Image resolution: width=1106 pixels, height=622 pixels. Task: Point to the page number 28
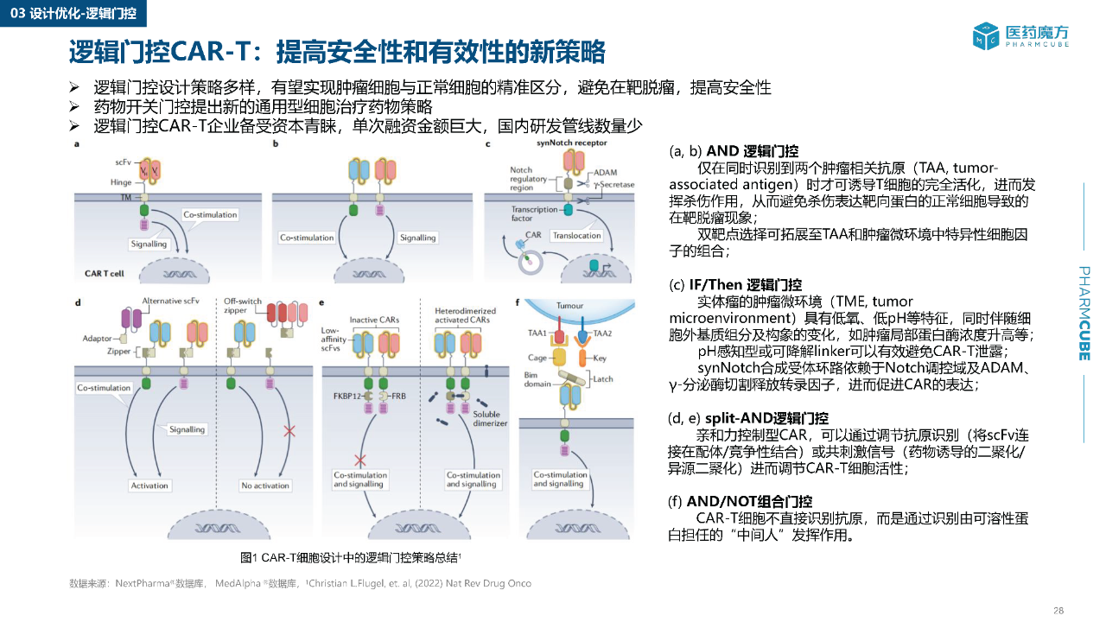(1058, 610)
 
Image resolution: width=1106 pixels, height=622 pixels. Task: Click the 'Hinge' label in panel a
(121, 182)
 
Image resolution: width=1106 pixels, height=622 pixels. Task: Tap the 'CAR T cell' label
(105, 273)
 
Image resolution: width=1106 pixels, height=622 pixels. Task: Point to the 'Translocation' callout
(576, 235)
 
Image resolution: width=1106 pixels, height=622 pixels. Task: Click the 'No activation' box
(265, 486)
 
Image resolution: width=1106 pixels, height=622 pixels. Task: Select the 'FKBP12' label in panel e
(344, 395)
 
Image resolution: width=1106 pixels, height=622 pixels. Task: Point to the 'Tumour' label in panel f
(569, 306)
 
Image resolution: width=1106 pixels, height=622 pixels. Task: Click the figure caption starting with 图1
(355, 556)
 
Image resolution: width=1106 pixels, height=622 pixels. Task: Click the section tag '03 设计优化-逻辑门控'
(73, 13)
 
